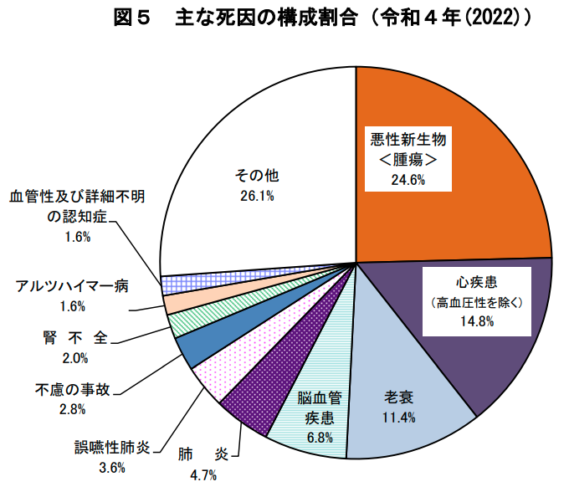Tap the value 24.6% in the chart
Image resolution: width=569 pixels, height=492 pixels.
[408, 179]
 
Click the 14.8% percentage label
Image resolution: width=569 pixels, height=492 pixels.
[477, 320]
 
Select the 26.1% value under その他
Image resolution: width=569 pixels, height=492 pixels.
[256, 197]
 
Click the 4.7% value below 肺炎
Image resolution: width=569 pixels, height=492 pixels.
[202, 475]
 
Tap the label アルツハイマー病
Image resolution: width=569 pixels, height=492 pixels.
[72, 286]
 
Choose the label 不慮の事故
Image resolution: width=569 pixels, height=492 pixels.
[72, 389]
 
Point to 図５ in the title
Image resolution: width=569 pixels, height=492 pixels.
[131, 17]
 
